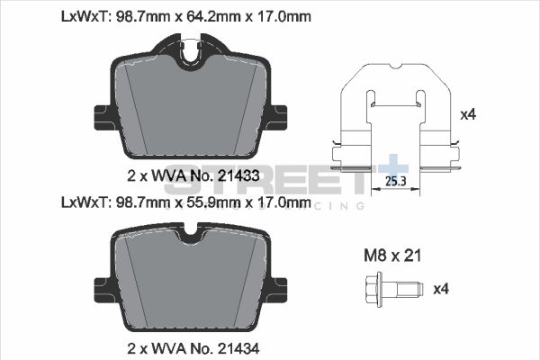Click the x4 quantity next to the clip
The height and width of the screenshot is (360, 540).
467,115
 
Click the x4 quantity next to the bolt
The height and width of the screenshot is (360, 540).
440,289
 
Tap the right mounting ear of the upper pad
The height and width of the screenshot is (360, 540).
279,116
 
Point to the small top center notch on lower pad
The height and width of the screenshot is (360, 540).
190,237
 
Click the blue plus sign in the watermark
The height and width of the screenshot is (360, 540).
393,169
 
